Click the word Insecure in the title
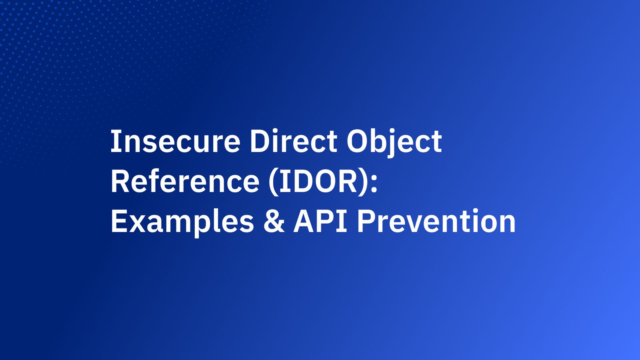(x=175, y=142)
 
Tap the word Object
(x=394, y=142)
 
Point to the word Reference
(x=185, y=182)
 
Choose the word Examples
(x=182, y=222)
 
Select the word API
(x=320, y=222)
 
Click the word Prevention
(x=436, y=222)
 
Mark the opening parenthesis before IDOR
(x=273, y=182)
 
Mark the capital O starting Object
(x=357, y=142)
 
